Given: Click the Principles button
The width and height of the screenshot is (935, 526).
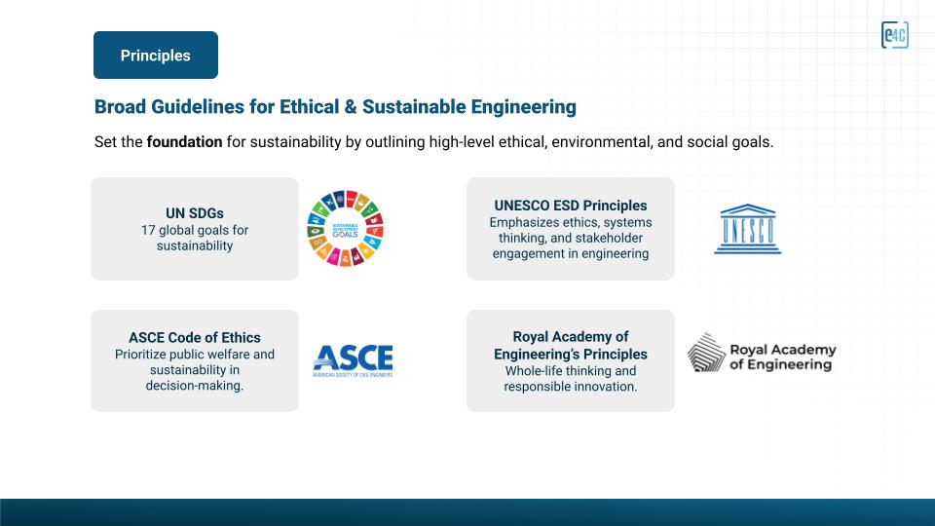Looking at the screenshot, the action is click(x=156, y=55).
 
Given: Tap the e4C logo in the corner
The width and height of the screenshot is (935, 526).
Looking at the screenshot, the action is click(x=894, y=35).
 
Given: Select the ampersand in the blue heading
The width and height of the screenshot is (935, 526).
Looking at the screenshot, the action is click(x=351, y=107).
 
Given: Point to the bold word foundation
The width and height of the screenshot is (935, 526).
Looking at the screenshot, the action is click(x=184, y=142).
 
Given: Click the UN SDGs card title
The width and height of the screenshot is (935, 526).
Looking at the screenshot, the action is click(x=195, y=213).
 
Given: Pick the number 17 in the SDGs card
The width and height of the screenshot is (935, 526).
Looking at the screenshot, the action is click(x=148, y=230).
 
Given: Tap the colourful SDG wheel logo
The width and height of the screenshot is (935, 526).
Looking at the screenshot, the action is click(x=345, y=228).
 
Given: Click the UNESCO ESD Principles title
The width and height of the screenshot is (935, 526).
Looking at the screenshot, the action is click(x=571, y=206).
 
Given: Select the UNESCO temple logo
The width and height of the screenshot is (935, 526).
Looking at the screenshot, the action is click(x=748, y=229).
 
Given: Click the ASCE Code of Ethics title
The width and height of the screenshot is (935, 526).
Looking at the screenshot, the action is click(x=195, y=338).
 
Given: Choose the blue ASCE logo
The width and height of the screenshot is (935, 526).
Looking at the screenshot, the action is click(x=353, y=360).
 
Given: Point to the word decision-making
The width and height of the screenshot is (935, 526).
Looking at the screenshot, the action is click(x=195, y=386).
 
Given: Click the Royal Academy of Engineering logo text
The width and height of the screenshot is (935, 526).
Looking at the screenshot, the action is click(x=782, y=357).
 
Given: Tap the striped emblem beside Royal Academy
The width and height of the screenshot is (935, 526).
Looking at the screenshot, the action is click(x=706, y=353).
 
